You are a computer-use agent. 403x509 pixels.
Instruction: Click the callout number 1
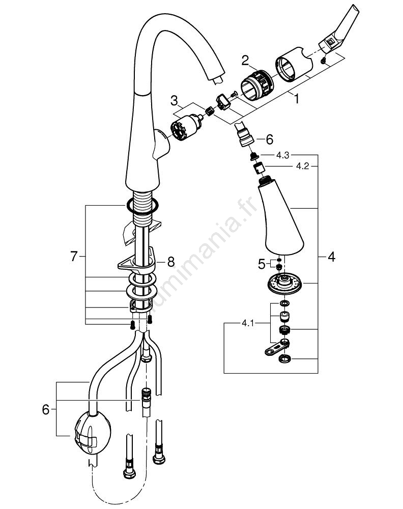coord(296,100)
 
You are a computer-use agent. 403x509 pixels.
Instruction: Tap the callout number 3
coord(174,99)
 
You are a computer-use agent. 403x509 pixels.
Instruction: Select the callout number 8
coord(171,262)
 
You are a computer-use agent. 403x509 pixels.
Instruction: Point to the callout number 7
coord(74,257)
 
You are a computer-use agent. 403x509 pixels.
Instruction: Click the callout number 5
coord(262,264)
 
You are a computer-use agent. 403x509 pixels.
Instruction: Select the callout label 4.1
coord(247,322)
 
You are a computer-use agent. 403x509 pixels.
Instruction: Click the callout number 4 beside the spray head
coord(331,257)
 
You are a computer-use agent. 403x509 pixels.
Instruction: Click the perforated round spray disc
coord(284,282)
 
